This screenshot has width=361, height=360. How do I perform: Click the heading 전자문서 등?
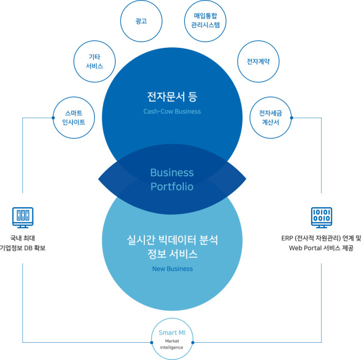(172, 97)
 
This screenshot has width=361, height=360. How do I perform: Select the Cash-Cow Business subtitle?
(172, 112)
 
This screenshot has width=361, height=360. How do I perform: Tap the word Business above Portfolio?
(172, 173)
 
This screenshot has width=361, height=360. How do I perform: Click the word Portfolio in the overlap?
(172, 187)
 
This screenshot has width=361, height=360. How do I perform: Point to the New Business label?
(172, 269)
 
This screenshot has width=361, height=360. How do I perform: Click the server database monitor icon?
(23, 218)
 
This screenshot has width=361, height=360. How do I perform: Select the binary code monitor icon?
(322, 218)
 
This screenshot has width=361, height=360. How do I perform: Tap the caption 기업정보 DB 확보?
(22, 248)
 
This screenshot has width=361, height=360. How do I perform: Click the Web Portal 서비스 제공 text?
(321, 248)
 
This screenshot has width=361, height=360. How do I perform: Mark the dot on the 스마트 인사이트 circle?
(53, 118)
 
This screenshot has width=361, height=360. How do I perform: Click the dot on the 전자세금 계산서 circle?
(292, 118)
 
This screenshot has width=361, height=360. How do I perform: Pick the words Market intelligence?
(172, 344)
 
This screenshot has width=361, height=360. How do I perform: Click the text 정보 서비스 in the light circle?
(172, 254)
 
